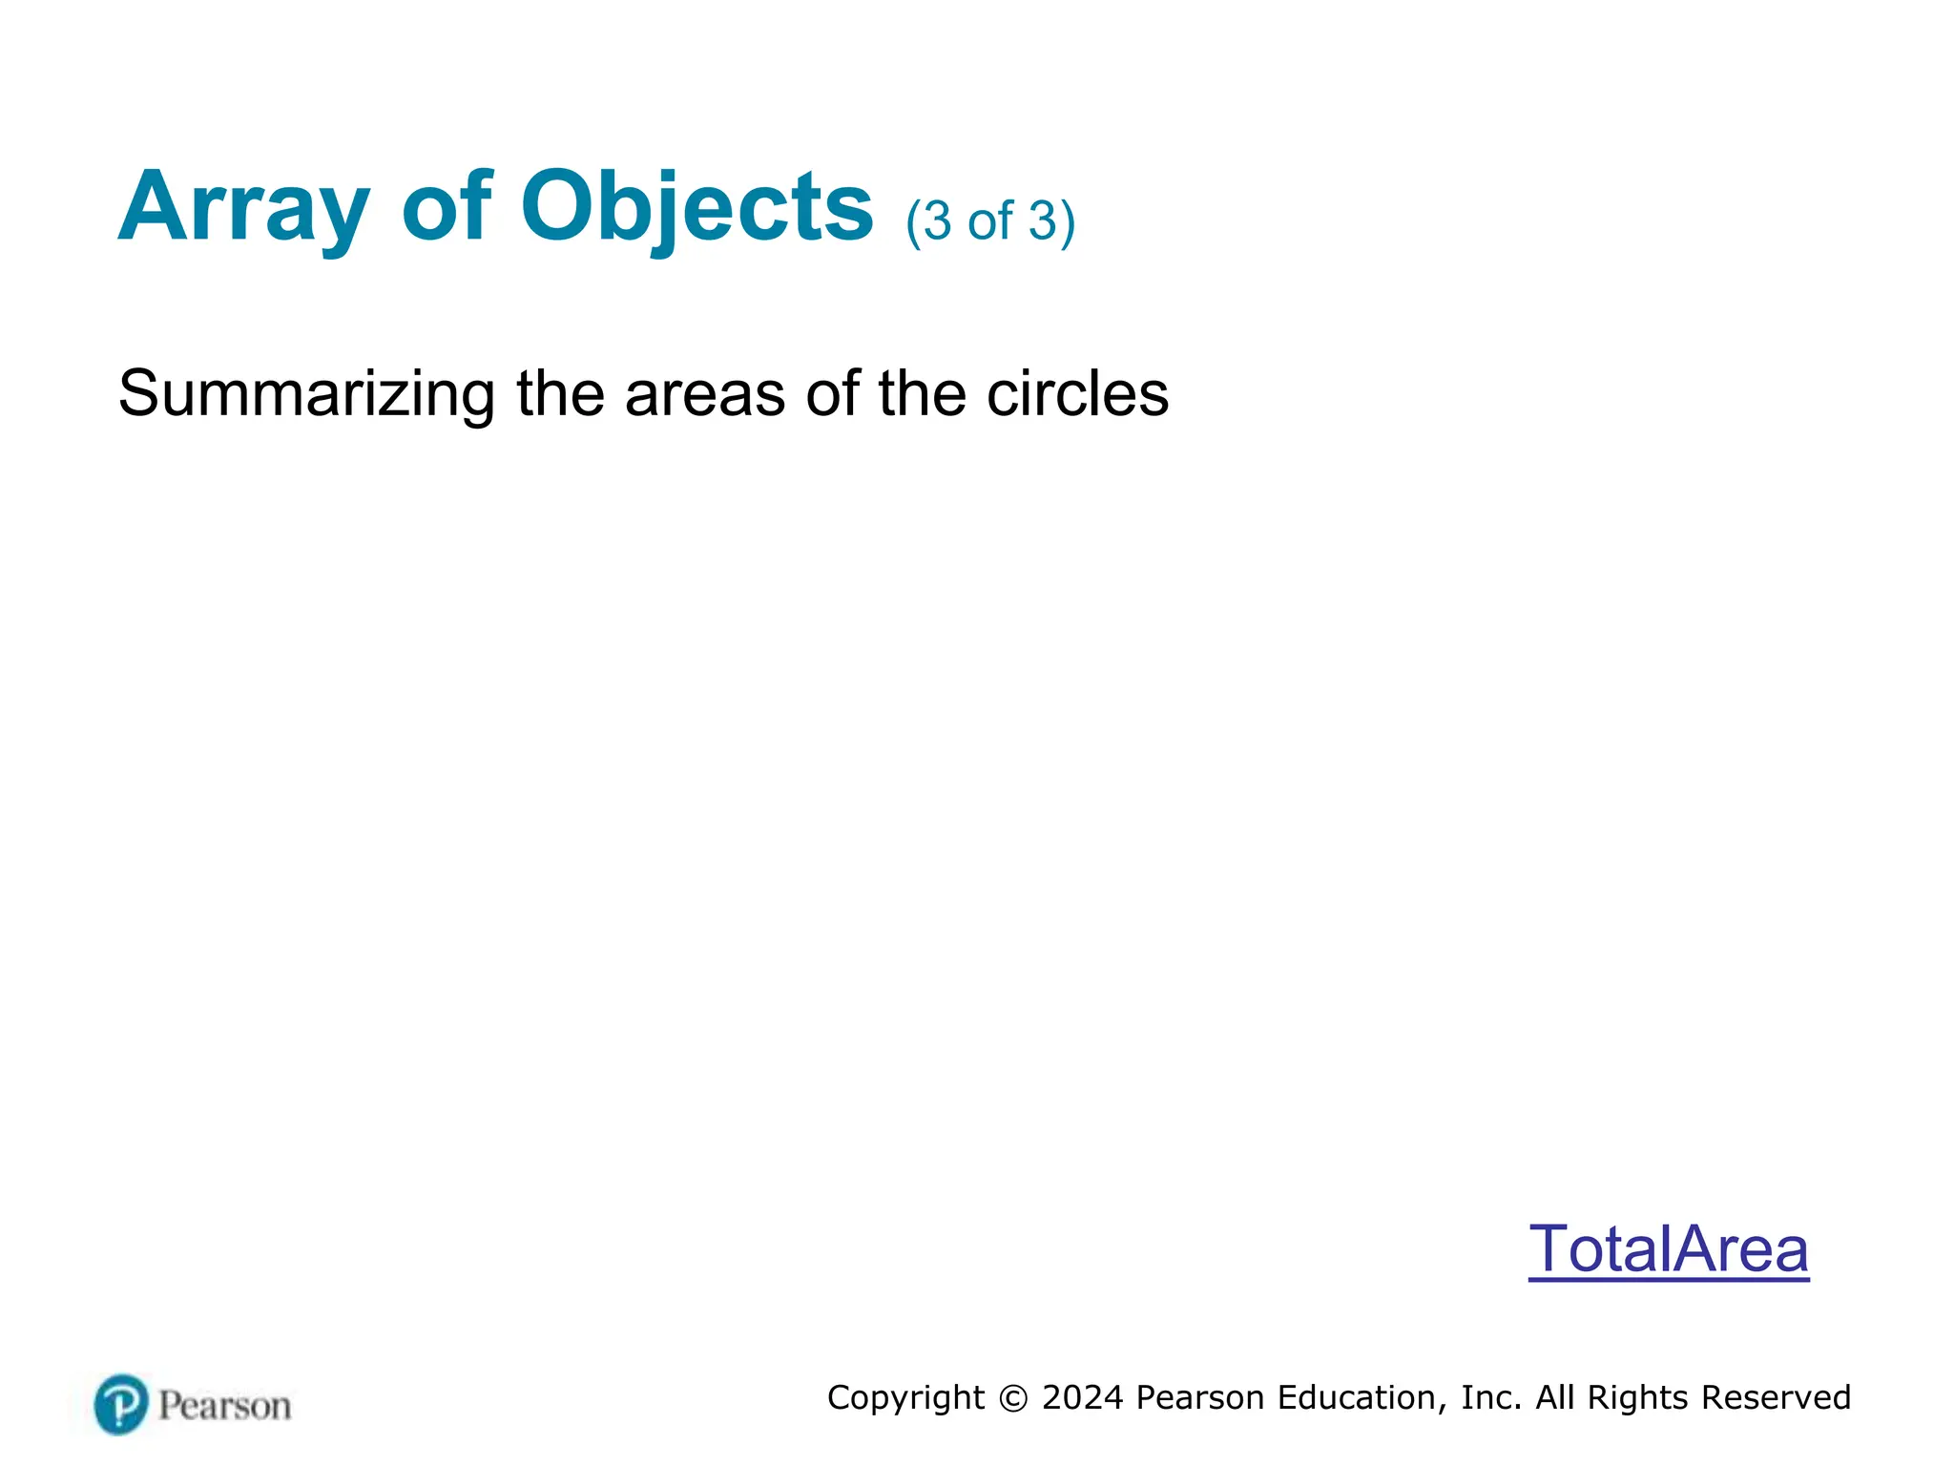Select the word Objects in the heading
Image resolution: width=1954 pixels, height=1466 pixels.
pos(696,207)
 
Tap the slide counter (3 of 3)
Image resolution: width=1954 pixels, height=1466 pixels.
pos(990,221)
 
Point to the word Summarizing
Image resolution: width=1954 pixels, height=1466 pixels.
pos(306,393)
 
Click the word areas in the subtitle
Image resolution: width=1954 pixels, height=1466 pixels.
pos(704,393)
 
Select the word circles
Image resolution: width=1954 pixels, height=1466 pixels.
pos(1077,393)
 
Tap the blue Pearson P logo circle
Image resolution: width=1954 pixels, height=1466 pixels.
pos(121,1404)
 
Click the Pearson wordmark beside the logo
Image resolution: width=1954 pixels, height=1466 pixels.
pos(224,1406)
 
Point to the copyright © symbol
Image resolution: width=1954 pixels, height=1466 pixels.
pos(1013,1398)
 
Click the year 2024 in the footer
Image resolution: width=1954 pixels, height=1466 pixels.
pos(1083,1398)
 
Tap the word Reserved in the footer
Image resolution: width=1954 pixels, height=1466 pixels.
pos(1776,1398)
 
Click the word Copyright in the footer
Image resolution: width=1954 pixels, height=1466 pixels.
pos(905,1398)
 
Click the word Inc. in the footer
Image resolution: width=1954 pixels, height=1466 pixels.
pos(1491,1398)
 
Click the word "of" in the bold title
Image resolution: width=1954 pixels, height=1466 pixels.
pos(447,207)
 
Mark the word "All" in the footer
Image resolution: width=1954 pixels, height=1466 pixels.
pos(1555,1398)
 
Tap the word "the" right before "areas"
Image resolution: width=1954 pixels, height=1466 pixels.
pos(560,393)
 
